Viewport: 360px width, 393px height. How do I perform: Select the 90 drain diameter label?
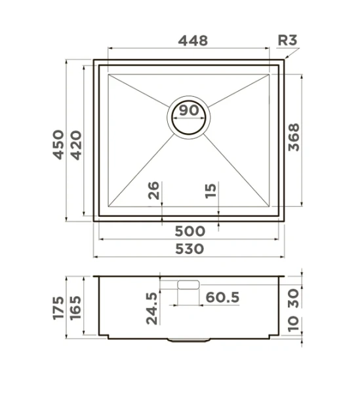tap(190, 111)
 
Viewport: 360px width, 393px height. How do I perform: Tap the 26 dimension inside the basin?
tap(153, 191)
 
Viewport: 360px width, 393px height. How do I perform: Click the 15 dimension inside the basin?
tap(210, 191)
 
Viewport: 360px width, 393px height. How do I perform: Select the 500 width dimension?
tap(190, 231)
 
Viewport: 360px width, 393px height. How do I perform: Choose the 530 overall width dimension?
tap(189, 249)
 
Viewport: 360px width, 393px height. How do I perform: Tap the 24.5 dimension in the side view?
tap(153, 308)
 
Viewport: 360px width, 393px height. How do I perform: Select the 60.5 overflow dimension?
tap(222, 298)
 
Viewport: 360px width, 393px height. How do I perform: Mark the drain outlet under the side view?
tap(190, 340)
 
